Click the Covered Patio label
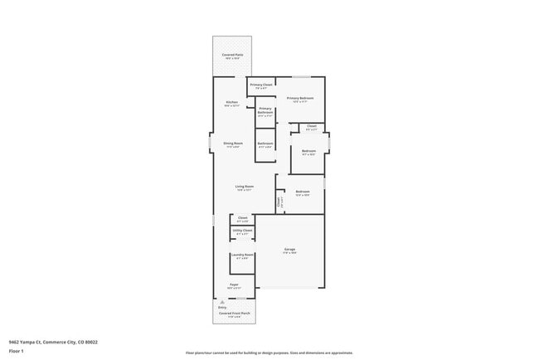tap(232, 55)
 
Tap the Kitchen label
tap(231, 103)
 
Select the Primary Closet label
tap(261, 85)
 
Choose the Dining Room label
tap(232, 144)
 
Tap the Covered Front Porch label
tap(235, 314)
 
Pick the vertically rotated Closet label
tap(279, 202)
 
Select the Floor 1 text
tap(17, 351)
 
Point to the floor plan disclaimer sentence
tap(269, 353)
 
